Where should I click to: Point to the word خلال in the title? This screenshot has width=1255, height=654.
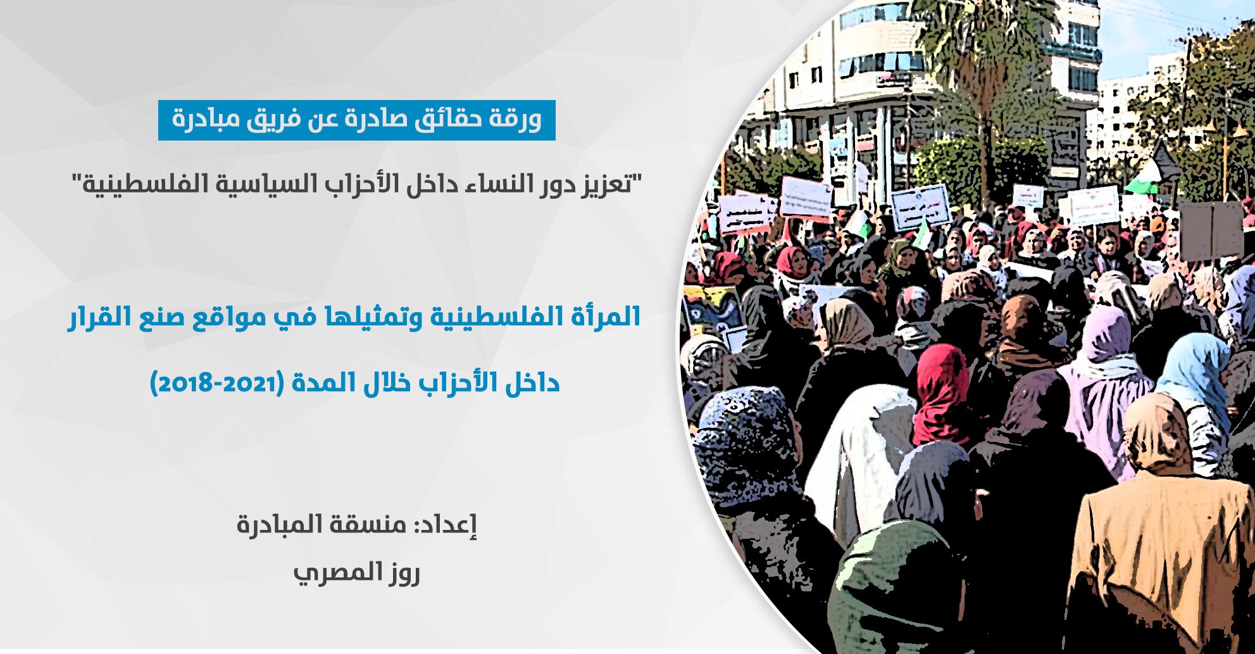coord(387,383)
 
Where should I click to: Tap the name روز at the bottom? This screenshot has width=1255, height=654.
coord(403,574)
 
